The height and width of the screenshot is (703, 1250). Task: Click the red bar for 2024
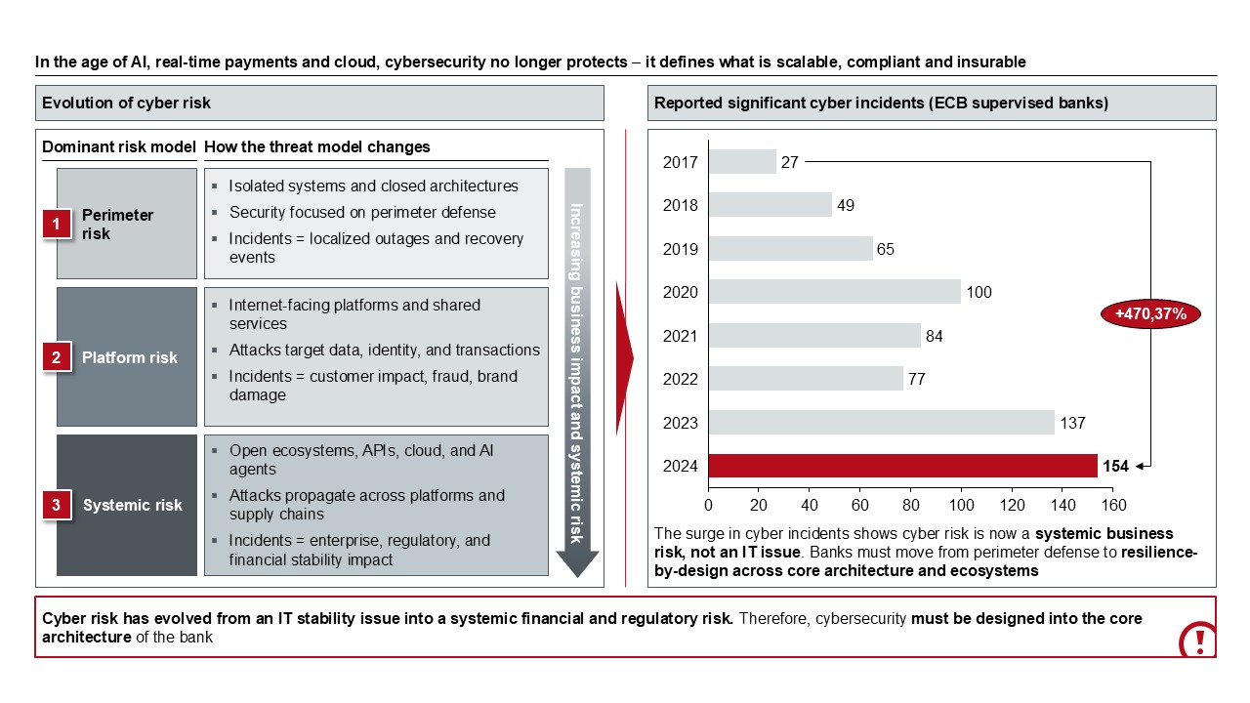click(x=902, y=466)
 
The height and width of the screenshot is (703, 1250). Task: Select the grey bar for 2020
click(x=835, y=292)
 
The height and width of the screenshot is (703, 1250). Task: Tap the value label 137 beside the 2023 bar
click(x=1072, y=423)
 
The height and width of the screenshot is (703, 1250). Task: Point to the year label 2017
click(x=680, y=162)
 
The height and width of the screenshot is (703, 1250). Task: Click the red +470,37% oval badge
click(x=1150, y=314)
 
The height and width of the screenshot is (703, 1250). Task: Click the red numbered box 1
click(x=56, y=225)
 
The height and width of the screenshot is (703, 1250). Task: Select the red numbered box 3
click(x=56, y=505)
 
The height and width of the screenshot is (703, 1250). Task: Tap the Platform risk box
click(x=127, y=357)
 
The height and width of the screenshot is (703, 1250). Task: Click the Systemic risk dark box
click(x=127, y=505)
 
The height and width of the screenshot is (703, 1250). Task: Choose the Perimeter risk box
click(x=127, y=225)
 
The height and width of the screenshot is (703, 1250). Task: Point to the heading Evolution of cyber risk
click(x=127, y=103)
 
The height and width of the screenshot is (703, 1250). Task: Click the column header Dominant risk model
click(x=119, y=147)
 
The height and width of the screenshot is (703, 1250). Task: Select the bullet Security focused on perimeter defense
click(x=362, y=212)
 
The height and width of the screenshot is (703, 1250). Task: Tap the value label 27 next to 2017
click(x=790, y=162)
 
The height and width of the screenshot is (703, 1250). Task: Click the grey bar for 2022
click(x=806, y=379)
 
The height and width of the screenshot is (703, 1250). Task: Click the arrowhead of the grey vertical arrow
click(x=577, y=563)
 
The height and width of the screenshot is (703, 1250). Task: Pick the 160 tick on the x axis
click(x=1113, y=506)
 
